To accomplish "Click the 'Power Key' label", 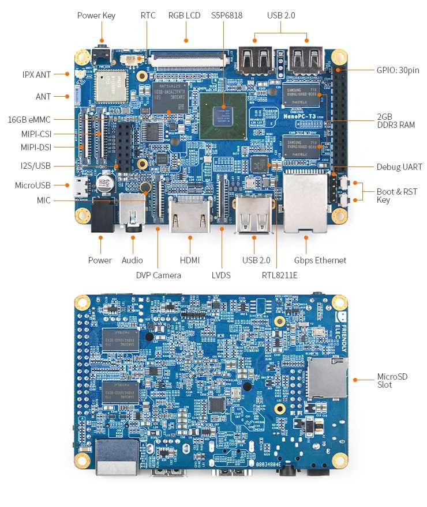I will [x=96, y=16].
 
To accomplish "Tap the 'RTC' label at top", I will [x=148, y=16].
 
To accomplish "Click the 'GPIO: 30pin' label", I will [x=398, y=70].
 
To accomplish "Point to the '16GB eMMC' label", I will [x=29, y=120].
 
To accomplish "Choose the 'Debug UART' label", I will [x=399, y=167].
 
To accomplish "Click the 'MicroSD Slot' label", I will [x=392, y=380].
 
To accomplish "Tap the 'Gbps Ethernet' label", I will [x=320, y=260].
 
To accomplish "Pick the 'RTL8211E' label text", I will [x=280, y=275].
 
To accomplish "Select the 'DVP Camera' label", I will [x=159, y=275].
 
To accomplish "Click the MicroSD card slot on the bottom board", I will [x=326, y=378].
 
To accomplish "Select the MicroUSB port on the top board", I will [x=79, y=186].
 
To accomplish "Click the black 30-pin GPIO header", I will [x=340, y=115].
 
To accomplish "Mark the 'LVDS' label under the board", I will [x=221, y=275].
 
